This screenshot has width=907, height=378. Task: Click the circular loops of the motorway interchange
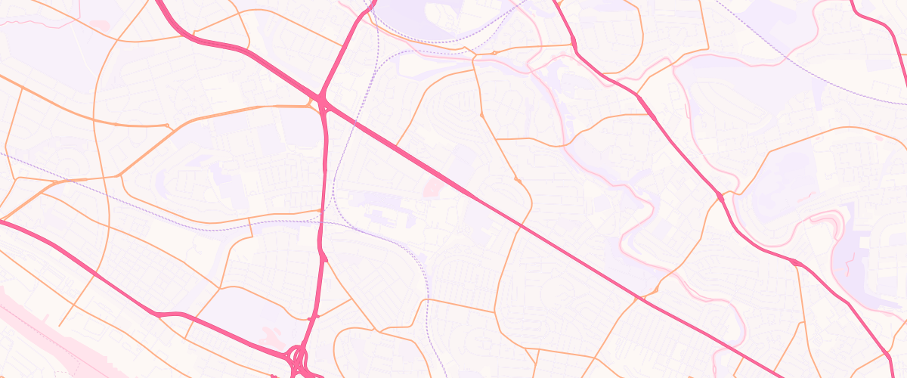click(x=299, y=357)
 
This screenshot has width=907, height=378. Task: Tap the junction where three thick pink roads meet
click(x=323, y=101)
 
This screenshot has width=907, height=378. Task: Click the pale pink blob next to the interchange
click(x=268, y=331)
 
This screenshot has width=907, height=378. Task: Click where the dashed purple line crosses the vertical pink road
click(x=320, y=218)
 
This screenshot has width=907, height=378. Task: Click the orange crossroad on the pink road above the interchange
click(x=317, y=315)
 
